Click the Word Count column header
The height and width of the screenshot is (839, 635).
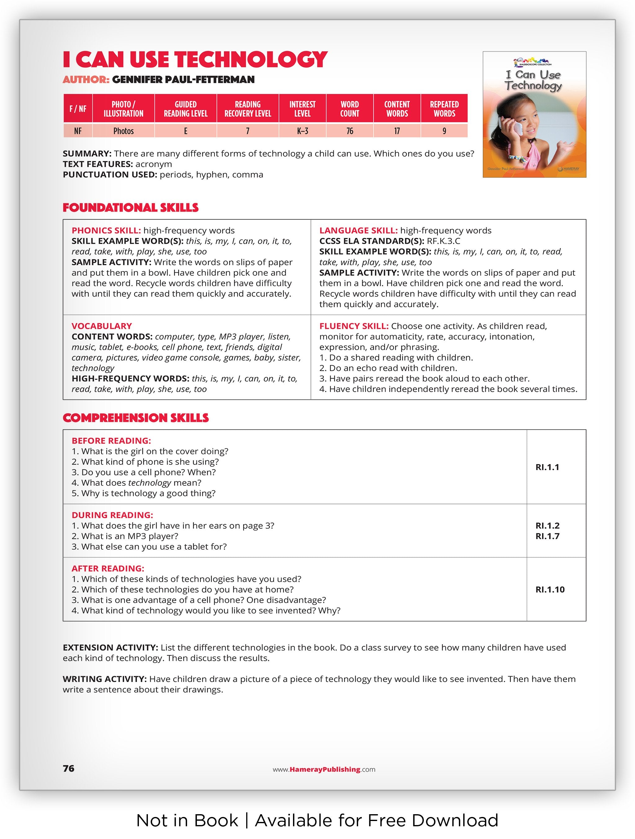tap(349, 109)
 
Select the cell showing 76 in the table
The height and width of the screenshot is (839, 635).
tap(349, 131)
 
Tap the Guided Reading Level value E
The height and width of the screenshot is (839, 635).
tap(185, 131)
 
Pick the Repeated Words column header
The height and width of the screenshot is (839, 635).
tap(444, 109)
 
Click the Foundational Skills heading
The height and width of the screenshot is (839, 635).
tap(131, 208)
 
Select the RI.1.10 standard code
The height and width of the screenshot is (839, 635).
tap(550, 589)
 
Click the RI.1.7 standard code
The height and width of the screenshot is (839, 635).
tap(547, 536)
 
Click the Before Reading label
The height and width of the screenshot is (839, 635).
tap(111, 440)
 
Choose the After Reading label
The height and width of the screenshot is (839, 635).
tap(108, 568)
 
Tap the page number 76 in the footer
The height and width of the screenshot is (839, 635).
tap(69, 768)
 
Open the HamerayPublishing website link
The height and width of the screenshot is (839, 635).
tap(324, 769)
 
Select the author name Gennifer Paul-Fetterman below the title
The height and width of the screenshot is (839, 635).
tap(183, 80)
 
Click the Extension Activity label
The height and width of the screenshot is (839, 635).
tap(110, 647)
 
